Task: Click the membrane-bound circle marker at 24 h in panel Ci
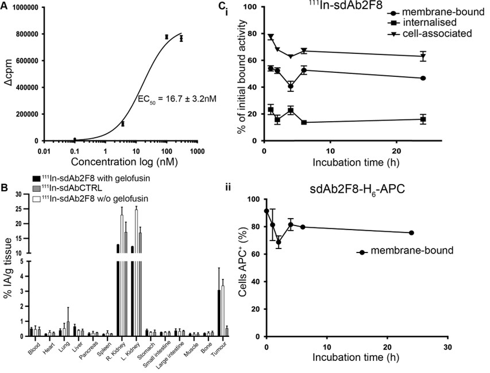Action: (x=423, y=78)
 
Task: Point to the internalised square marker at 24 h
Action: (x=423, y=119)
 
